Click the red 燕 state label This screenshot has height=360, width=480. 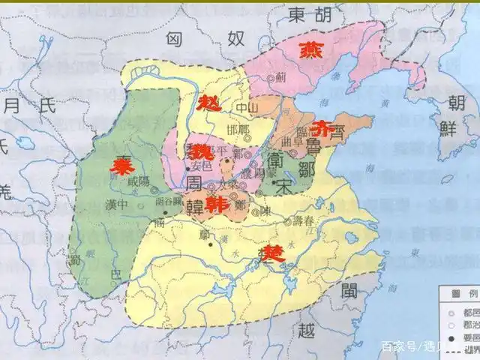309,49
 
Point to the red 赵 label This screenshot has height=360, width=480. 209,103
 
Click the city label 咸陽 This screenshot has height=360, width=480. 139,181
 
